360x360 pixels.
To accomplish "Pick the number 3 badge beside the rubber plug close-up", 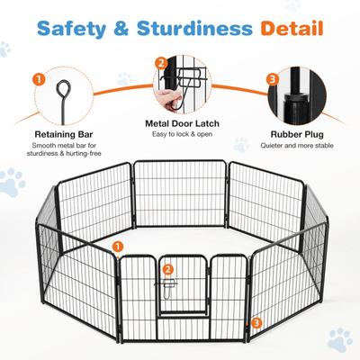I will click(272, 79).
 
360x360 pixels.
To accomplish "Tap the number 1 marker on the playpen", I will click(119, 247).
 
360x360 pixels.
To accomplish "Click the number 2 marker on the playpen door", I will click(168, 269).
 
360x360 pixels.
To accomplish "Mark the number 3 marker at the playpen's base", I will click(257, 320).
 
